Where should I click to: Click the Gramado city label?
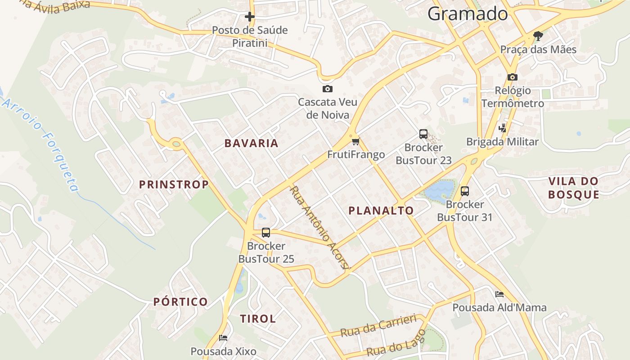[468, 14]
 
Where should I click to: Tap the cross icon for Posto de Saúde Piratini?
[250, 17]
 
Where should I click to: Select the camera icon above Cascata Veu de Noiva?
[328, 89]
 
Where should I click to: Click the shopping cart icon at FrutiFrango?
[356, 142]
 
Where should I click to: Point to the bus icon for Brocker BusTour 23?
[423, 134]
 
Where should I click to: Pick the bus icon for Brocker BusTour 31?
[465, 191]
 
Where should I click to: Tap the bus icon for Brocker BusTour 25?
[266, 233]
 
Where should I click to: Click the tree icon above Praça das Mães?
[538, 36]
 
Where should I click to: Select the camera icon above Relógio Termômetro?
[513, 77]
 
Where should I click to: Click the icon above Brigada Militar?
[502, 128]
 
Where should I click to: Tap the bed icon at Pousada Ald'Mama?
[499, 294]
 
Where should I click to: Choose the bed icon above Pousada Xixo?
[223, 338]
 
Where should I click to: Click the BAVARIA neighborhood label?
[251, 144]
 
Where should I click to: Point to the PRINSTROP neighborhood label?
[174, 184]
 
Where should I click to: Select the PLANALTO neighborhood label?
[381, 211]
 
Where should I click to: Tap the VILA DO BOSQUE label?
[574, 188]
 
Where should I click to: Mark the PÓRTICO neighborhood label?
[180, 302]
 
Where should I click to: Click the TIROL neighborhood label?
[257, 319]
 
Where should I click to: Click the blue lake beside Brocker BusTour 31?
[439, 190]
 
